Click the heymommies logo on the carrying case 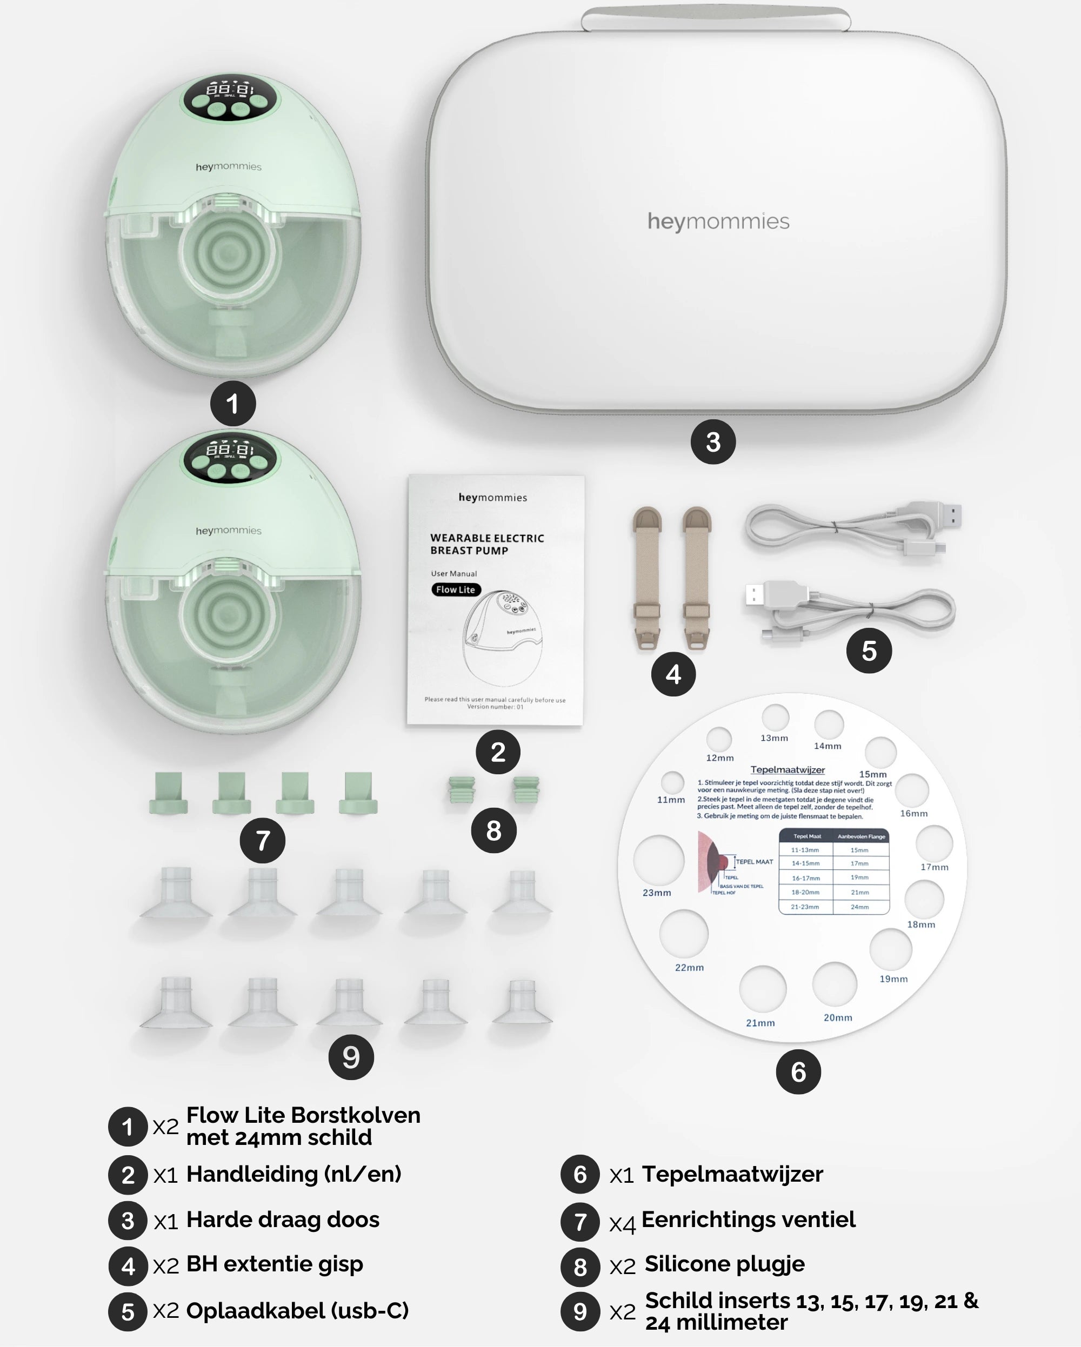718,221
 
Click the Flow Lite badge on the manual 456,589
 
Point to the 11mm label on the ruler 670,800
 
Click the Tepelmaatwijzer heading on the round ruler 788,770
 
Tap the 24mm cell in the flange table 860,907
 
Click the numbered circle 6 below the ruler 798,1071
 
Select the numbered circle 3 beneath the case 713,442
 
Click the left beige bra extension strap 647,578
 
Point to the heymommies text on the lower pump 229,531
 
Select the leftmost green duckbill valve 169,792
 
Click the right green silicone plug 526,790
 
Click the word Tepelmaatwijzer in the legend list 732,1175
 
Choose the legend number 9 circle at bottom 580,1311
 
